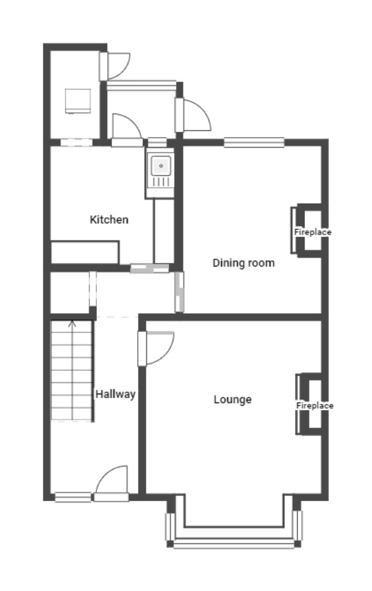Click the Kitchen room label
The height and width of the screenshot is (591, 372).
coord(109,220)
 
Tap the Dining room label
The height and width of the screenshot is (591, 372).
coord(243,263)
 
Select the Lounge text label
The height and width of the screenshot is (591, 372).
coord(233,399)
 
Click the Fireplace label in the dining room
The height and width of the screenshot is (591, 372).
coord(313,232)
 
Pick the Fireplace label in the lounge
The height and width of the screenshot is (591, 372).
coord(315,405)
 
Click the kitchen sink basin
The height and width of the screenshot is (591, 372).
coord(161,166)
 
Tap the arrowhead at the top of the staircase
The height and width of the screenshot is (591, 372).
coord(72,324)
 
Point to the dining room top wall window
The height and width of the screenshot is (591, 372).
coord(254,142)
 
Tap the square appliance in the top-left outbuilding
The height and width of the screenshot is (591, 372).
coord(78,101)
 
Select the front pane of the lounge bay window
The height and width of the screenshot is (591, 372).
coord(234,543)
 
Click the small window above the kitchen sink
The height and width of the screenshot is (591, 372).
coord(157,142)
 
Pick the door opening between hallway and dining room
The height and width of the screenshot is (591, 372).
coord(179,292)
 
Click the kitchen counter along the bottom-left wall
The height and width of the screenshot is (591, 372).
coord(84,252)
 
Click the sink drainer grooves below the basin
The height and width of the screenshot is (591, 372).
coord(161,182)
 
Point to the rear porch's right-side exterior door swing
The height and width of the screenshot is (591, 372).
coord(197,115)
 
